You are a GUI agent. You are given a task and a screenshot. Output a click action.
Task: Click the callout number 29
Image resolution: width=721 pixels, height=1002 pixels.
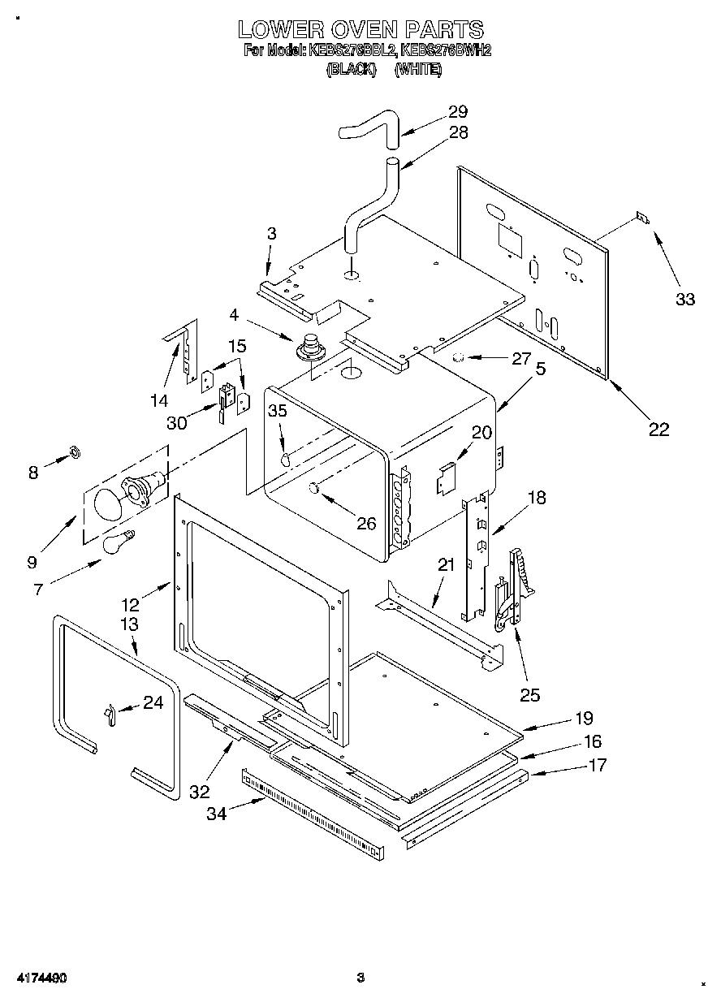click(x=458, y=112)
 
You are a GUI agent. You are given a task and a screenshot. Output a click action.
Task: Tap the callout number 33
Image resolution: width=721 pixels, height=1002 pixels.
click(x=685, y=299)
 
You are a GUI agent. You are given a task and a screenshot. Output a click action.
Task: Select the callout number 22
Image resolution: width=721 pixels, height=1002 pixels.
click(x=658, y=430)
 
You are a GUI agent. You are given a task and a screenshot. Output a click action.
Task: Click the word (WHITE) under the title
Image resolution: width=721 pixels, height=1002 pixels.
click(x=418, y=70)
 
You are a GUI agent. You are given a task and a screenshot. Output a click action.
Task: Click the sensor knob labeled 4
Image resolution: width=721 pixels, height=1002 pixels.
click(x=309, y=346)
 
